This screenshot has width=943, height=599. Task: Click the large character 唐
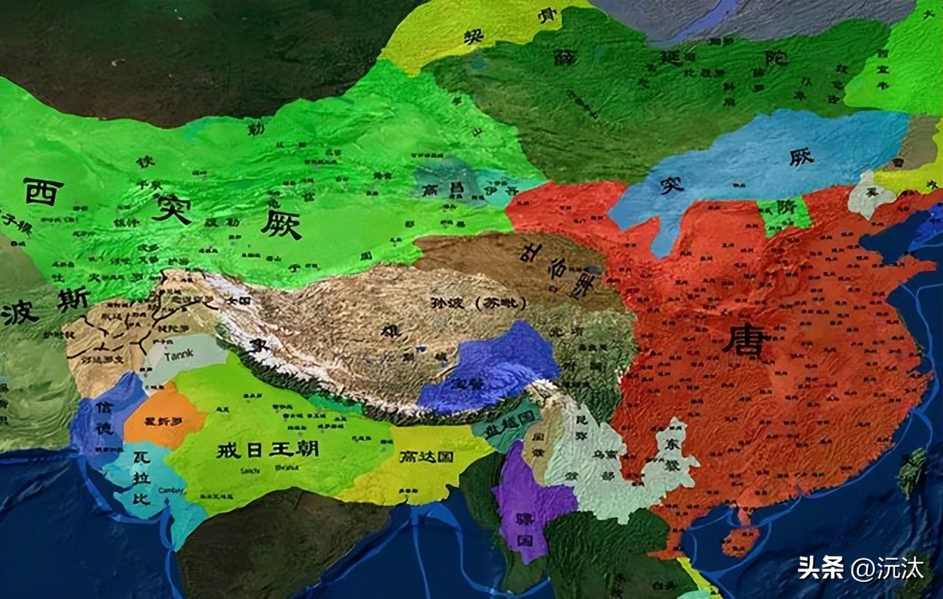pyautogui.click(x=746, y=340)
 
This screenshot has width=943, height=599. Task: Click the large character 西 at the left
pyautogui.click(x=43, y=191)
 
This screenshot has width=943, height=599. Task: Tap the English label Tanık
pyautogui.click(x=178, y=355)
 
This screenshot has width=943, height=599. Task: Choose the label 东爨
pyautogui.click(x=674, y=443)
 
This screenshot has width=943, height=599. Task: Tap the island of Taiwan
pyautogui.click(x=914, y=472)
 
